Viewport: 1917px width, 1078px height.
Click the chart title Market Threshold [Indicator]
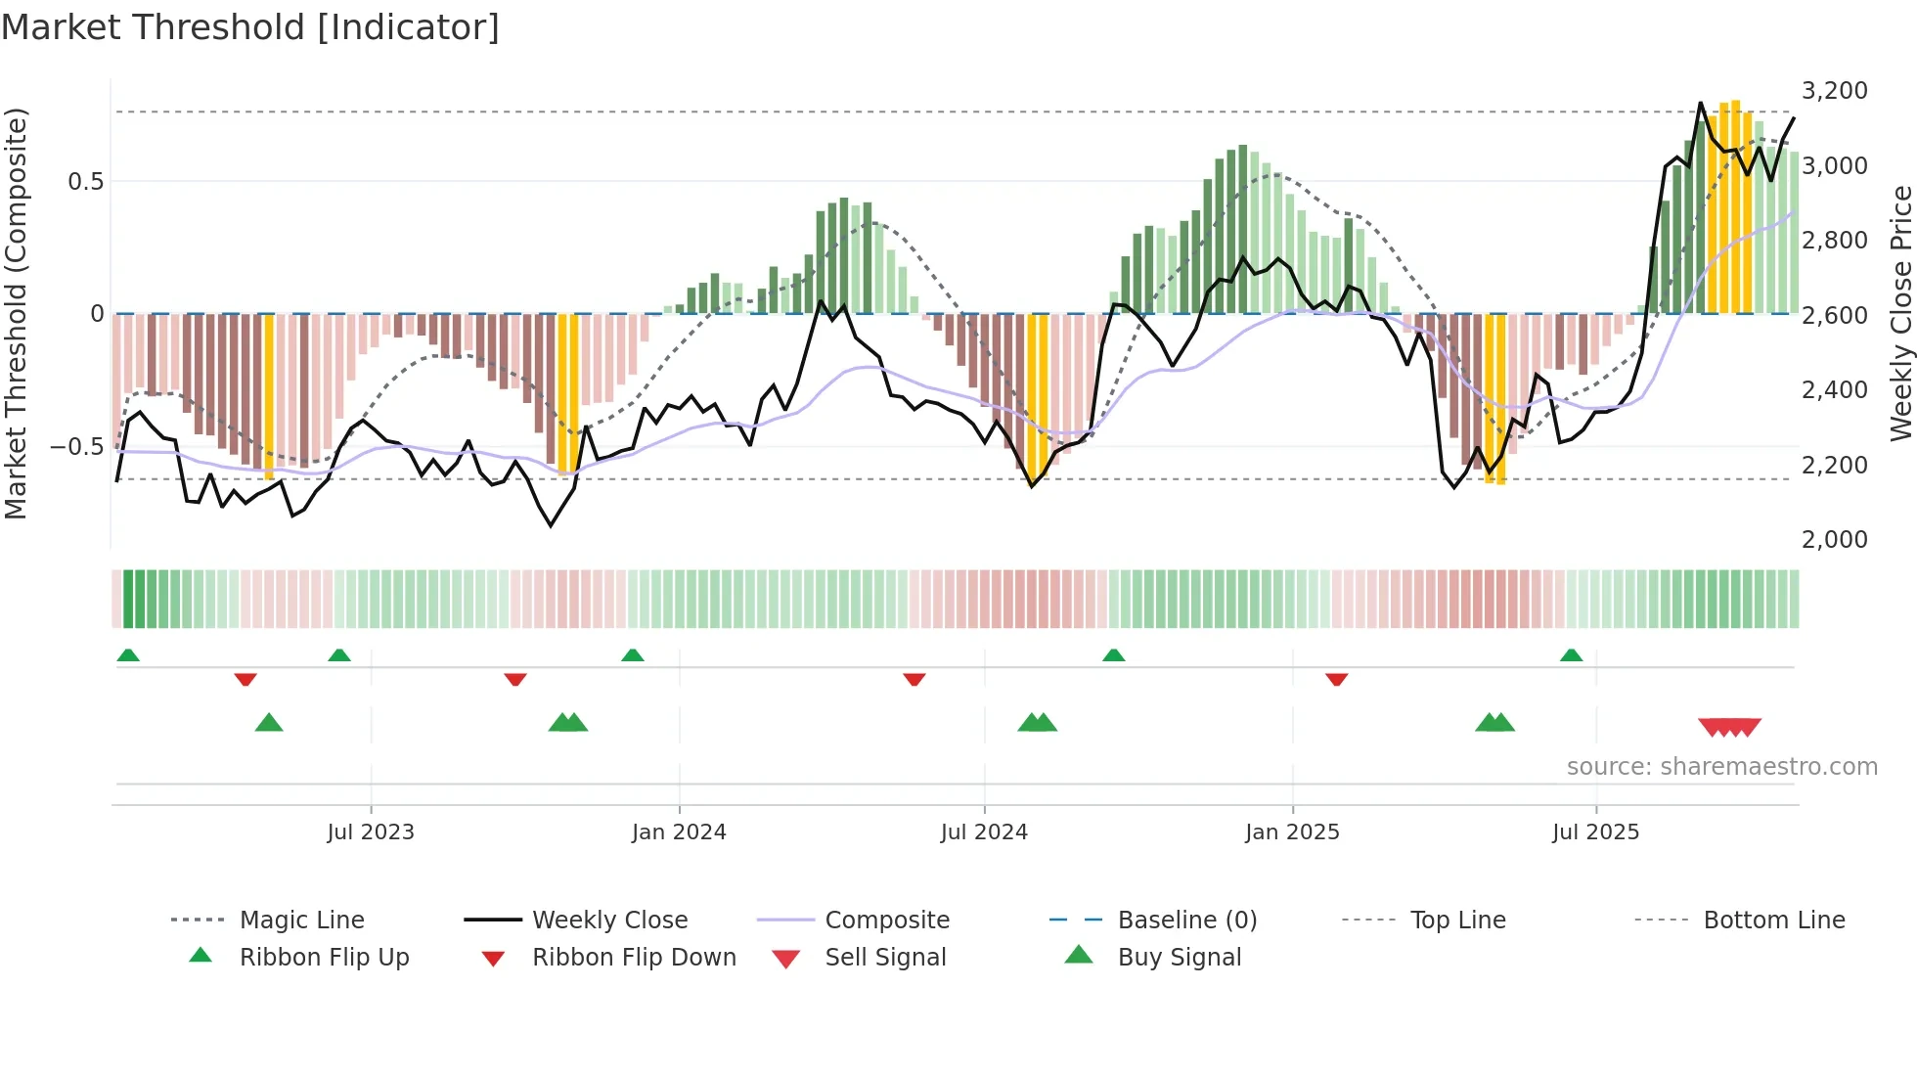(250, 27)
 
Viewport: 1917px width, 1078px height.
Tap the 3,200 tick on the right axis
(1834, 91)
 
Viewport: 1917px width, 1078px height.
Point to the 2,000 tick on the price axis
(1834, 539)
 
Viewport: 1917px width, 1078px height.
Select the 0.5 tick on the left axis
(85, 182)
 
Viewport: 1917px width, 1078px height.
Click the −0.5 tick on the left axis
(77, 447)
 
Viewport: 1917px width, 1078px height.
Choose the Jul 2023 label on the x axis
(371, 832)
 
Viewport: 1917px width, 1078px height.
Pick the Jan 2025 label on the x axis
(1292, 832)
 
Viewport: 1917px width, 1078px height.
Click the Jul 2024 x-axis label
(984, 832)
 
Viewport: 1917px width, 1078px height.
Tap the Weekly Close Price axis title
(1900, 313)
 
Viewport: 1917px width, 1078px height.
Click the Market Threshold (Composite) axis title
(16, 313)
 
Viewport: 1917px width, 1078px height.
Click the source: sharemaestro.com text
(1721, 767)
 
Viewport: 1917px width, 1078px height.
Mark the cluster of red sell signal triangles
(1729, 727)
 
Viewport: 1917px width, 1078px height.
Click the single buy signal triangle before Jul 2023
(269, 723)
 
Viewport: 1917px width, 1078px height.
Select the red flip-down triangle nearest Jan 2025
(1336, 679)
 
